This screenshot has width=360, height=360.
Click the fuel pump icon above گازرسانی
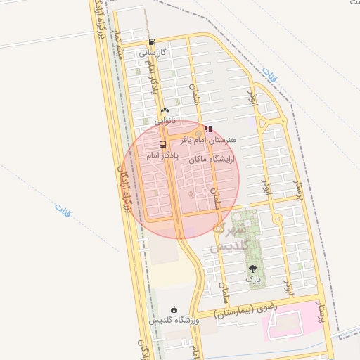pyautogui.click(x=153, y=42)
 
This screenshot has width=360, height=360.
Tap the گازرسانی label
pyautogui.click(x=153, y=53)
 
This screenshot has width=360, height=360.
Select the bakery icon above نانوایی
pyautogui.click(x=165, y=110)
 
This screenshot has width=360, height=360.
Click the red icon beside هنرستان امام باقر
pyautogui.click(x=208, y=129)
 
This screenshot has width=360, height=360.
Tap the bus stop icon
pyautogui.click(x=163, y=145)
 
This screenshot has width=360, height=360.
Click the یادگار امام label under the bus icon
pyautogui.click(x=162, y=155)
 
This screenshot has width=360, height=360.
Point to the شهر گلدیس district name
pyautogui.click(x=229, y=238)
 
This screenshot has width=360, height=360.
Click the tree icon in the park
pyautogui.click(x=252, y=268)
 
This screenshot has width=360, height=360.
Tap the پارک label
pyautogui.click(x=252, y=279)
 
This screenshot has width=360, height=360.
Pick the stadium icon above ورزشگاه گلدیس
pyautogui.click(x=174, y=309)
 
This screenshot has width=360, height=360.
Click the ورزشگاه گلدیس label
pyautogui.click(x=174, y=321)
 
